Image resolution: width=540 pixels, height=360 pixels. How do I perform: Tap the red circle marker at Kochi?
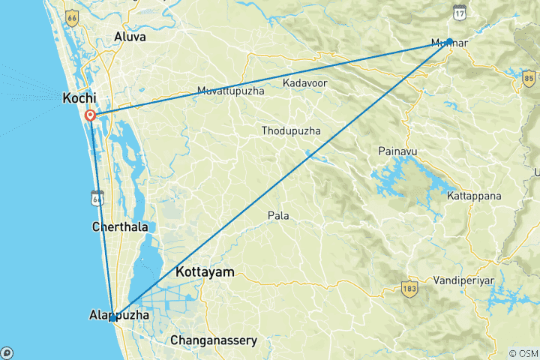(90, 115)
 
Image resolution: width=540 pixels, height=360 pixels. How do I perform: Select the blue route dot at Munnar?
(449, 41)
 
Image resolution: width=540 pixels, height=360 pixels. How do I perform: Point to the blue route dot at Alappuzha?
(112, 317)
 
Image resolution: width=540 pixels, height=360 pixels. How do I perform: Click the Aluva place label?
(130, 36)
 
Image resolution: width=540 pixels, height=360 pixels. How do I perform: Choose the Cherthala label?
(119, 226)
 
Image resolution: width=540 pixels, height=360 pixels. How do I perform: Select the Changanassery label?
(214, 340)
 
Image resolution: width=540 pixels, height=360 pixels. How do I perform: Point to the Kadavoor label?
(304, 82)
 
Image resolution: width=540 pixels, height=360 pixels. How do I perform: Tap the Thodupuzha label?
(291, 131)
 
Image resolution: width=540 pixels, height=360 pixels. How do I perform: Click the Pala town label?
(278, 215)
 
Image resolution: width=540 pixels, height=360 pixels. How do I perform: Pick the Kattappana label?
(473, 196)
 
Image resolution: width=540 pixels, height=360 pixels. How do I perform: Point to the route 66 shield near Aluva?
(71, 16)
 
